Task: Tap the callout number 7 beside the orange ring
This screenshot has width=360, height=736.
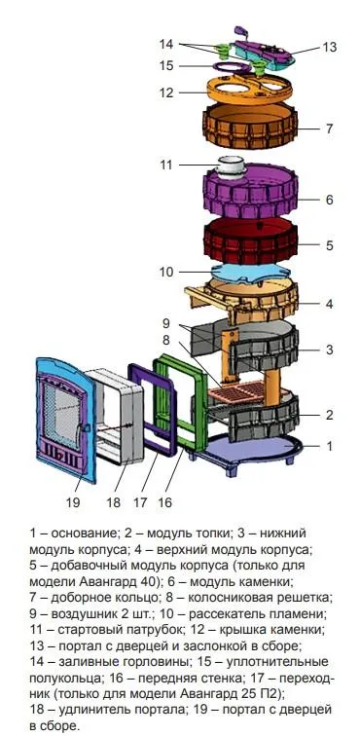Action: [330, 129]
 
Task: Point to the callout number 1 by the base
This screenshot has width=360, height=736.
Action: [329, 446]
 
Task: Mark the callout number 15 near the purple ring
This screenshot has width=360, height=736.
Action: [166, 66]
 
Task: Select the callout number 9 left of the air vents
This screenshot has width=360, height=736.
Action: [166, 322]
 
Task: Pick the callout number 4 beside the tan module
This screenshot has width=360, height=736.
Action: [329, 304]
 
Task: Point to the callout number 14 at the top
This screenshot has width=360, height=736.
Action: [166, 44]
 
